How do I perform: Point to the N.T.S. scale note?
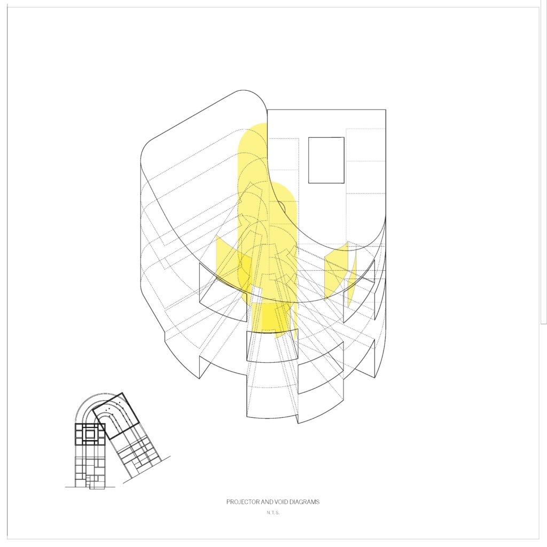point(273,513)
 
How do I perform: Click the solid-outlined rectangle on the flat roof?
point(326,160)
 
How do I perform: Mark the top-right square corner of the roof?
point(386,110)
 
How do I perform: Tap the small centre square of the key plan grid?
point(90,434)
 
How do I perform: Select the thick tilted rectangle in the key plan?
point(118,416)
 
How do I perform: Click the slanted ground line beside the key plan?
point(146,470)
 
